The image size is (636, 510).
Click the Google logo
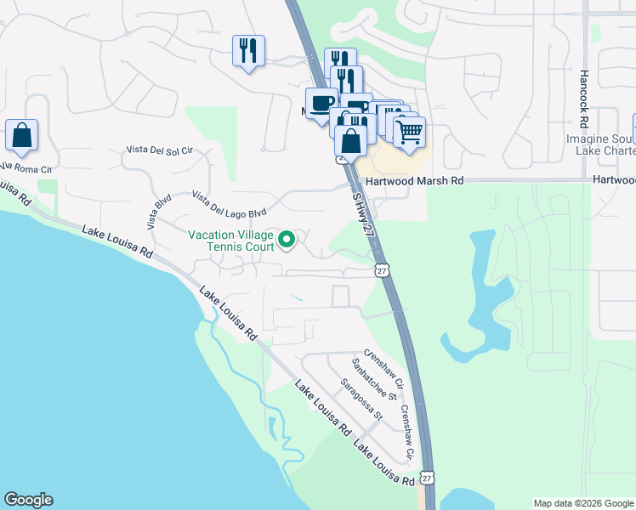coord(28,500)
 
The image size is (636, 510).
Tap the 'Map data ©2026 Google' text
coord(583,503)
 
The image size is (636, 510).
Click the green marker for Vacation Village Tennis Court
coord(287,239)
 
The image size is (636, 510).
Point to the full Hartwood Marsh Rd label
coord(415,181)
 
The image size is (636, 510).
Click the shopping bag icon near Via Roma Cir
coord(21,136)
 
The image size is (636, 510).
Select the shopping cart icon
coord(410,132)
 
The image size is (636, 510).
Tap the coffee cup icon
coord(321,104)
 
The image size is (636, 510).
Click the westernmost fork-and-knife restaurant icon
coord(248,51)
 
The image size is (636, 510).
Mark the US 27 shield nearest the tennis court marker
coord(382,269)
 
